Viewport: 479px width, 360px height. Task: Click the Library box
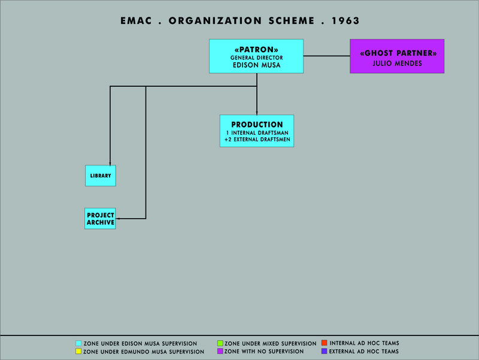click(101, 176)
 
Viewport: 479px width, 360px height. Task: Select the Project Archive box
click(100, 219)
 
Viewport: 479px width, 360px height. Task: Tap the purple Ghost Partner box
click(397, 56)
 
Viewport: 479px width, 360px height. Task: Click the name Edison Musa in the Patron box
click(257, 65)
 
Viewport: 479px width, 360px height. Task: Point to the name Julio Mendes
click(397, 63)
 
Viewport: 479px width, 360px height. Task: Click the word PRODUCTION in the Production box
click(257, 125)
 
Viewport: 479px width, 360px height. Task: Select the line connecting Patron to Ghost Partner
click(326, 56)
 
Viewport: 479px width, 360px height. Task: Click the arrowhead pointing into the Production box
click(257, 113)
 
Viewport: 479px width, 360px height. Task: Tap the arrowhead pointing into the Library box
click(110, 164)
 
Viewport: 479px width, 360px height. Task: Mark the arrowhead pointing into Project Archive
click(117, 219)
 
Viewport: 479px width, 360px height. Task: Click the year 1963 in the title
click(345, 21)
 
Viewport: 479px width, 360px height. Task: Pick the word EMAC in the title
click(136, 21)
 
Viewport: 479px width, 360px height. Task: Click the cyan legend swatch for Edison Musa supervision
click(78, 343)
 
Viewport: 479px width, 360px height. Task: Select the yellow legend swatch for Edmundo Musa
click(78, 352)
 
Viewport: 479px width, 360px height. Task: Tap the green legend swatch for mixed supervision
click(220, 343)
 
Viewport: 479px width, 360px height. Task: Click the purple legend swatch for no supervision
click(220, 351)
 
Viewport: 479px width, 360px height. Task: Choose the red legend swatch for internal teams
click(325, 343)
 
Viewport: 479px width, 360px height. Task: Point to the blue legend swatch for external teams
click(325, 351)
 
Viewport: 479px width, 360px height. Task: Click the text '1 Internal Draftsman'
click(257, 133)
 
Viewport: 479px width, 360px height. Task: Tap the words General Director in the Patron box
click(257, 58)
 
